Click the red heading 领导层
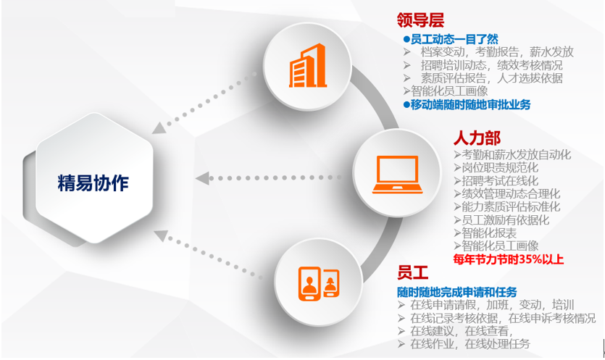420,20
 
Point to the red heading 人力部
477,138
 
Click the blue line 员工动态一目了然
454,39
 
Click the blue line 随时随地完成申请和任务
457,291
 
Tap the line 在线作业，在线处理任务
470,343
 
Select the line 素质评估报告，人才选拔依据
483,78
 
